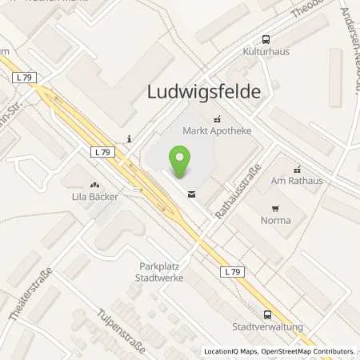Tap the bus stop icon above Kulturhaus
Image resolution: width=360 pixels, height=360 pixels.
pos(266,38)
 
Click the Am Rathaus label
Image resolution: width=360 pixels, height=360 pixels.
pos(297,181)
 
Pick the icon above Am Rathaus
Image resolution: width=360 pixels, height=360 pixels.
pos(297,169)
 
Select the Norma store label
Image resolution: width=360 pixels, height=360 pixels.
pos(276,218)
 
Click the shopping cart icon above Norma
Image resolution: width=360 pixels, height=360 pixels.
pos(276,206)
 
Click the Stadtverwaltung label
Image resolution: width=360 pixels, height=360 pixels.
pos(266,326)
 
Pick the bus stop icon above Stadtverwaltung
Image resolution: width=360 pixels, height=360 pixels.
pos(266,314)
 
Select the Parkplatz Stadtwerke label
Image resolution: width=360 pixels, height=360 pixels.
pos(160,272)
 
